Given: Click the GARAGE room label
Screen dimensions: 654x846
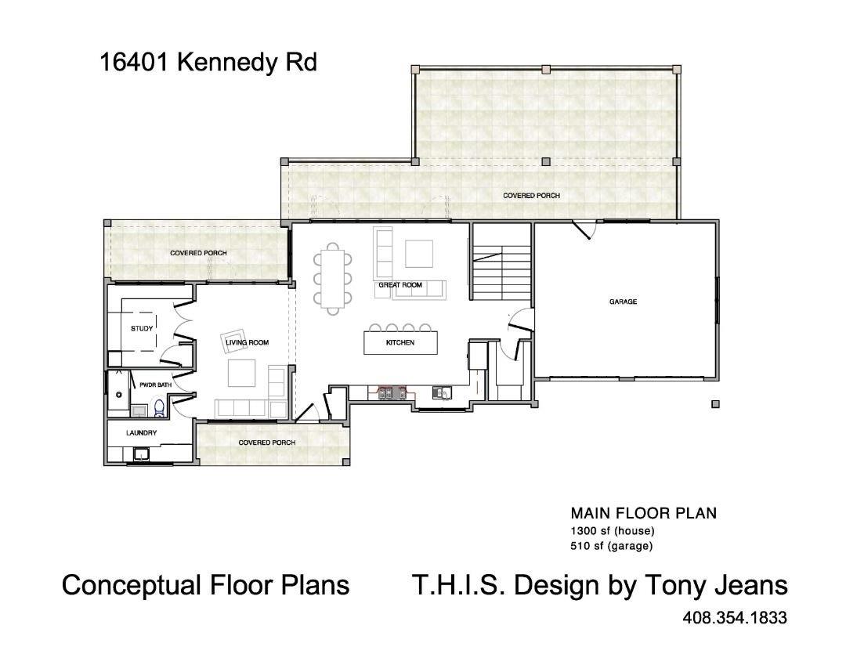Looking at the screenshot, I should click(623, 302).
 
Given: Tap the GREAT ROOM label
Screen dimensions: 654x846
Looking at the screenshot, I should click(400, 285).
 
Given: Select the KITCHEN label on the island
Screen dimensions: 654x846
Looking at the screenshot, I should click(400, 343).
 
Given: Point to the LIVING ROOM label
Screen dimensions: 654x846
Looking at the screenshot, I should click(247, 342).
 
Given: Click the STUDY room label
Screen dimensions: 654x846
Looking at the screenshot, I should click(142, 328).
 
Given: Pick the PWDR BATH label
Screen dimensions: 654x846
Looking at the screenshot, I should click(155, 385).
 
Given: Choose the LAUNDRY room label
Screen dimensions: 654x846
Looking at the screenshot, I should click(142, 432).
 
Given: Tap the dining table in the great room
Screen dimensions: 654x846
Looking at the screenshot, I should click(334, 278).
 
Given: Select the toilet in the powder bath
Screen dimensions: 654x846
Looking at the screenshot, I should click(159, 406).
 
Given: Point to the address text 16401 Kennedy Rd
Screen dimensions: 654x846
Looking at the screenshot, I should click(208, 62).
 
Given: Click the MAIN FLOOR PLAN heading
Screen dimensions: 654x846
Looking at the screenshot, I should click(643, 514).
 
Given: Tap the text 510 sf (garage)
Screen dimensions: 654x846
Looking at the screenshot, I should click(611, 546).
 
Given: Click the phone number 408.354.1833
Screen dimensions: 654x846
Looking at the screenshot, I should click(735, 618).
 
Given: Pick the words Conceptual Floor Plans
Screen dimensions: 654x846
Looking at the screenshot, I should click(205, 585).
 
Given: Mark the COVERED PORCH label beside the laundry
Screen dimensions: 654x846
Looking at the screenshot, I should click(267, 443).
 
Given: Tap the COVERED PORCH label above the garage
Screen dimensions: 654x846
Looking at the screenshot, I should click(531, 195).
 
